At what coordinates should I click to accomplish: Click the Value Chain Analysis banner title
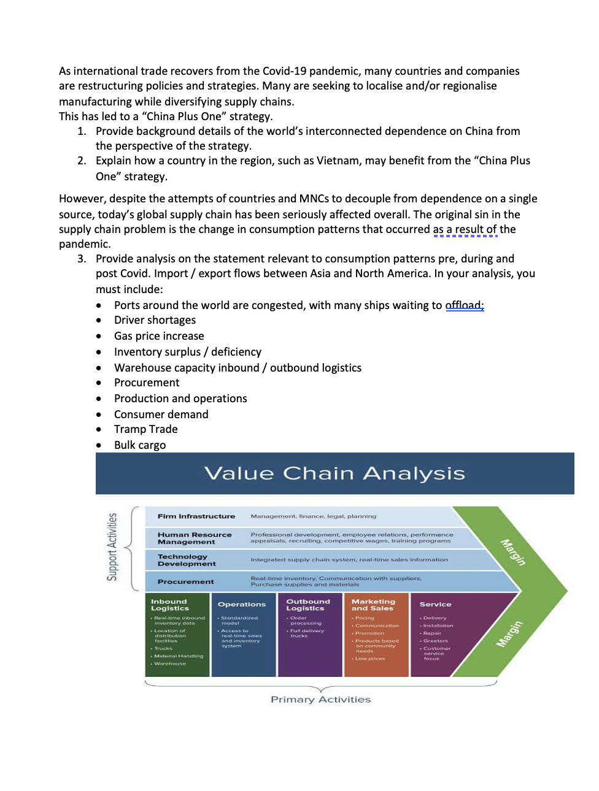334,473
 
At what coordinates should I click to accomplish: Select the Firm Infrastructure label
196,516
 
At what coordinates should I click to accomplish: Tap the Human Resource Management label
194,538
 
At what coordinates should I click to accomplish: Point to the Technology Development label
186,560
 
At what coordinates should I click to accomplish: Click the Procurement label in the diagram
185,581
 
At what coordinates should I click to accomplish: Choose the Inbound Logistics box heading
169,605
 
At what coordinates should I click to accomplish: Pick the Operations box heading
242,605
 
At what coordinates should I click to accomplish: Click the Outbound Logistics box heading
307,605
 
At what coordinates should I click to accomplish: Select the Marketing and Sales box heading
373,605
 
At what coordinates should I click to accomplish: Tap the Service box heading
435,605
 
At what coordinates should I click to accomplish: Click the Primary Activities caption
320,700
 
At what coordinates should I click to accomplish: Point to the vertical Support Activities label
112,547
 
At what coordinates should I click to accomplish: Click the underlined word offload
464,305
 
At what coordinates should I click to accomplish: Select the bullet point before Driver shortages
99,320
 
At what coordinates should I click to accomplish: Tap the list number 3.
81,259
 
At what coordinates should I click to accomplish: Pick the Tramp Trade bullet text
145,429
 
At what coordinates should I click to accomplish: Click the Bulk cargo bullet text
139,445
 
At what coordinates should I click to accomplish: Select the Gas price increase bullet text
159,336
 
